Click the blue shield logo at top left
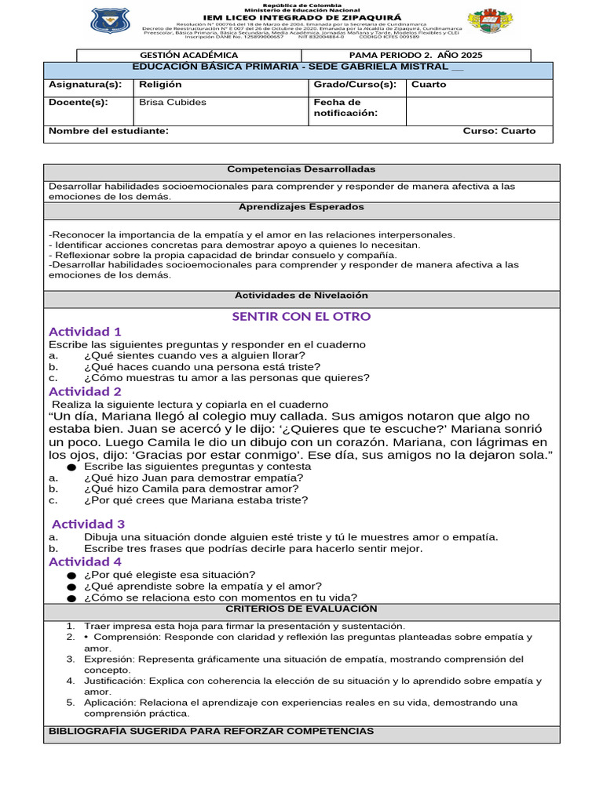[x=111, y=22]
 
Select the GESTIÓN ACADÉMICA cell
[x=188, y=56]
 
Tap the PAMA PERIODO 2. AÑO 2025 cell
[x=415, y=56]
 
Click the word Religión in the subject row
[x=160, y=85]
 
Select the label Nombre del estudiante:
[x=108, y=131]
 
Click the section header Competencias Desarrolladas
[x=301, y=169]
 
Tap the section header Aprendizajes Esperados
[x=301, y=207]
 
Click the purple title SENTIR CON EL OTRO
[x=301, y=316]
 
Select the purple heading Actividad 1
[x=85, y=332]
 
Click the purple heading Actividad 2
[x=85, y=391]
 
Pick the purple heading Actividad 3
[x=88, y=524]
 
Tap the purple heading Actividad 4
[x=85, y=561]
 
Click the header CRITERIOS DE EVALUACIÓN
[x=301, y=609]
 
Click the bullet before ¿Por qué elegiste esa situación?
[x=71, y=575]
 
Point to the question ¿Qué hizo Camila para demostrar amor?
[x=191, y=488]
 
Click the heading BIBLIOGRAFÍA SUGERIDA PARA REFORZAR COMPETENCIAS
[x=211, y=731]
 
